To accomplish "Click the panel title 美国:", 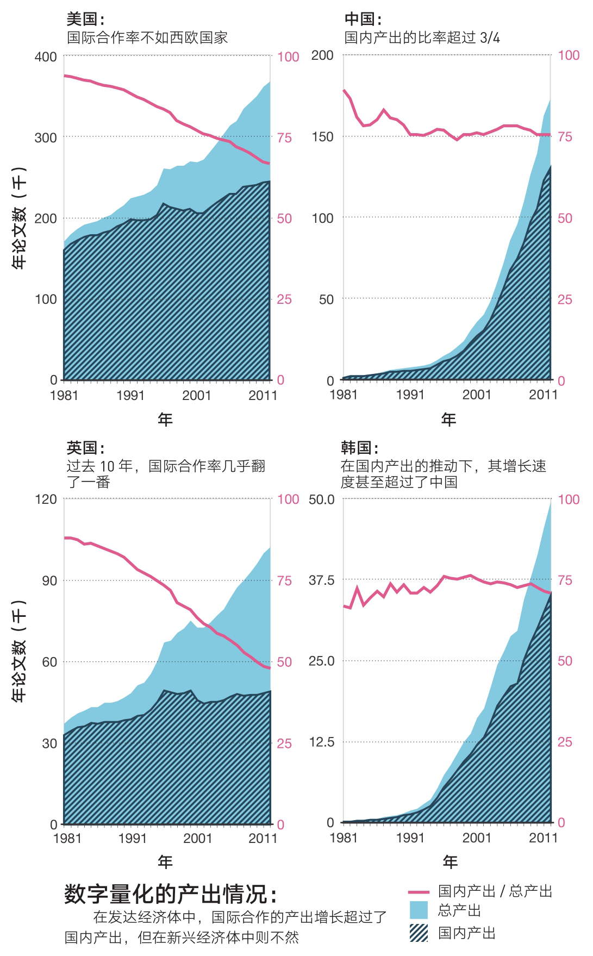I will (x=85, y=20).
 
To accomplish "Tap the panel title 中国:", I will (x=363, y=20).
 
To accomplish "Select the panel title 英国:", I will (x=85, y=448).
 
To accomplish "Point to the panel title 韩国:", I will (x=360, y=448).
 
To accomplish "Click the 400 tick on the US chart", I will (x=46, y=57).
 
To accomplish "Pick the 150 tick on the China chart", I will (x=322, y=137).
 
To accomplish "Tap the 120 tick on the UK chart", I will (x=46, y=499).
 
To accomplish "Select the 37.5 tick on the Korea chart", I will (x=322, y=580).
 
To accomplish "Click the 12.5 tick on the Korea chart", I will (x=322, y=742).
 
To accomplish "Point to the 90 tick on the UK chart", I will (x=49, y=581).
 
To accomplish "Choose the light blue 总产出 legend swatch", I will (x=419, y=910).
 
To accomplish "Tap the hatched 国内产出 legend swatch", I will (x=419, y=933).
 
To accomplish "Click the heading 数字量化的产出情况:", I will (x=171, y=894).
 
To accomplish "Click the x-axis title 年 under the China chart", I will (x=448, y=420).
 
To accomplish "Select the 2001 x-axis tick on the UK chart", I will (x=197, y=839).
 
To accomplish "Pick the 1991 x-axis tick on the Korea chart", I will (x=410, y=838).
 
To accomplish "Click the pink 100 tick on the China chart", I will (x=569, y=55).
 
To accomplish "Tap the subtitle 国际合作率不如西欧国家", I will (x=147, y=38).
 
